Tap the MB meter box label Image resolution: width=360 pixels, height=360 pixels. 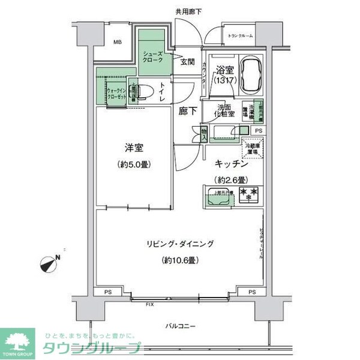(x=118, y=43)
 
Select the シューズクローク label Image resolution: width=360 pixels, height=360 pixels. (x=152, y=58)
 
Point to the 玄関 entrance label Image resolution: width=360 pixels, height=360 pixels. (x=187, y=62)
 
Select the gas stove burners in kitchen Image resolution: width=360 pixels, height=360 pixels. (x=248, y=194)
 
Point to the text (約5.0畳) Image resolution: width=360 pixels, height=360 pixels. (x=133, y=164)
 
